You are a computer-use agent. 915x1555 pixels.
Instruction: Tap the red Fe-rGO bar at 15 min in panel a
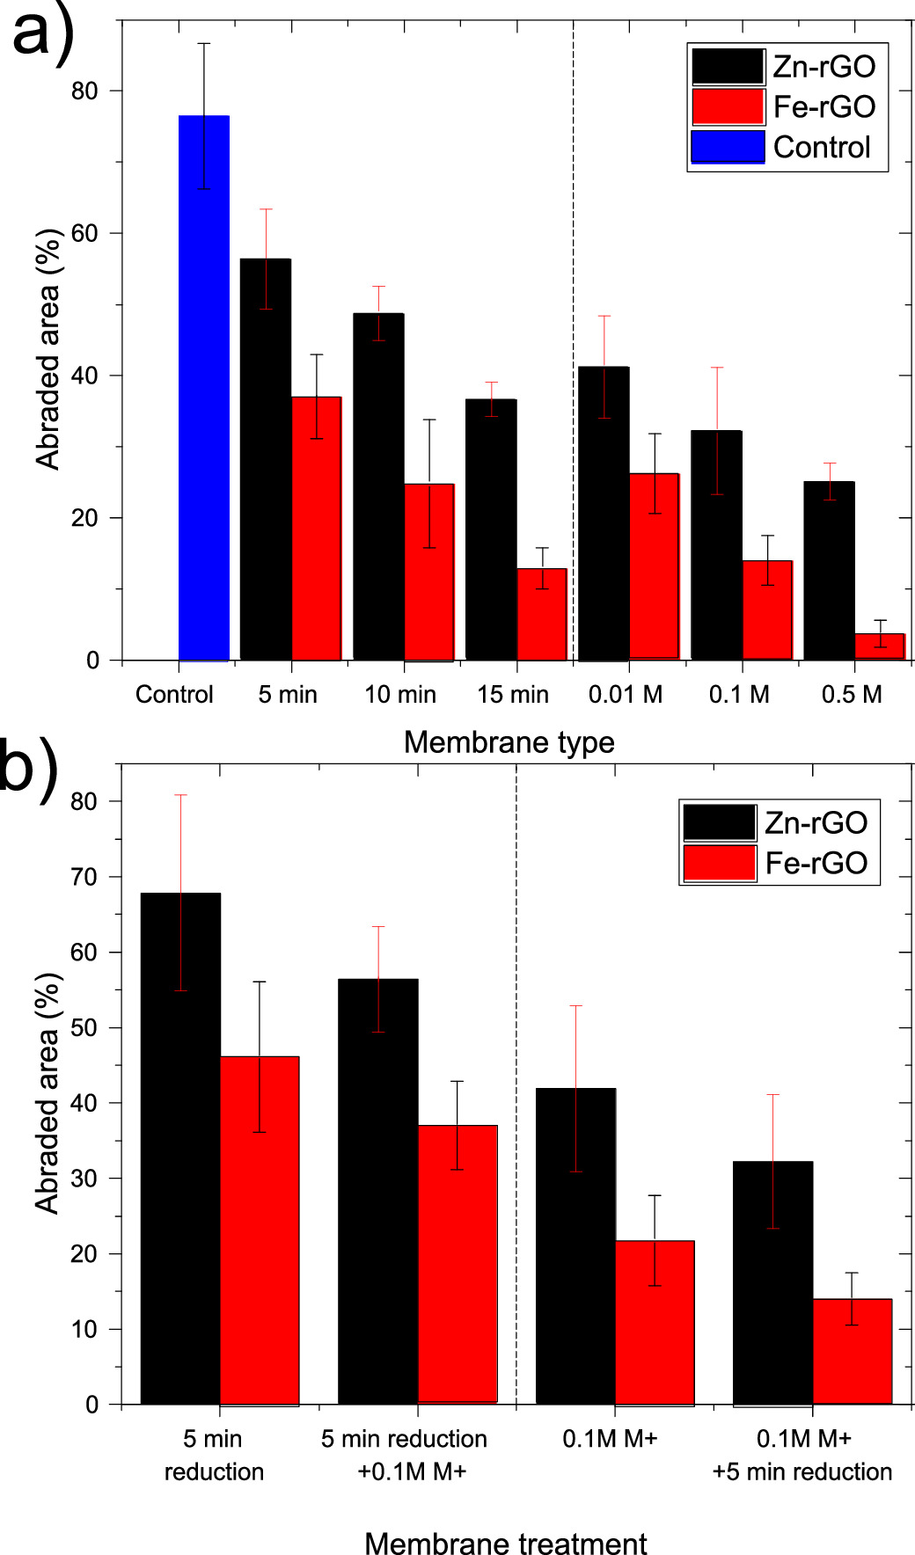(x=542, y=615)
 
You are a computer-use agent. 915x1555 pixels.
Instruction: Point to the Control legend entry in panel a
(x=821, y=147)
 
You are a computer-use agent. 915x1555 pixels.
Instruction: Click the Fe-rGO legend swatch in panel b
(x=719, y=863)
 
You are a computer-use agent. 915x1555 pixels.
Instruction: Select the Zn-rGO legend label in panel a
(x=823, y=67)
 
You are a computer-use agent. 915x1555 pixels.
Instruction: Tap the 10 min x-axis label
(x=400, y=695)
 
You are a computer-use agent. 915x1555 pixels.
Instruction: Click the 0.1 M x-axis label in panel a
(x=739, y=695)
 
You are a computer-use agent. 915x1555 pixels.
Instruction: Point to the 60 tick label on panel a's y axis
(x=85, y=234)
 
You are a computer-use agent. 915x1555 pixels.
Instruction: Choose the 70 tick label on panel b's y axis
(x=85, y=877)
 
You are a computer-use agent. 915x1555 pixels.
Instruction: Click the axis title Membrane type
(x=509, y=742)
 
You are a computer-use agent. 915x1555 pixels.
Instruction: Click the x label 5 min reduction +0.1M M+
(x=405, y=1455)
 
